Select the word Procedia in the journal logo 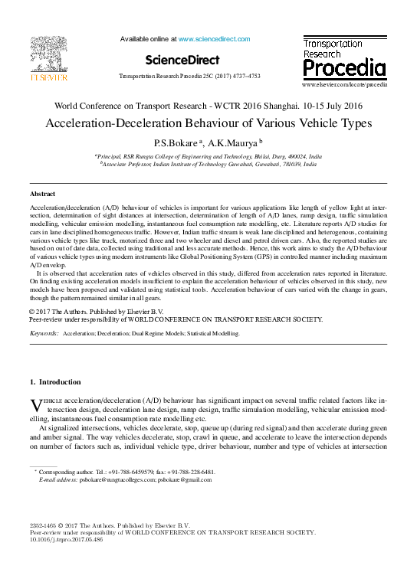click(343, 69)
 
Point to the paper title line click(208, 123)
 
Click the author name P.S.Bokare click(176, 142)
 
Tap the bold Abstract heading click(42, 195)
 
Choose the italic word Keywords click(44, 335)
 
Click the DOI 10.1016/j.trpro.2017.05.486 click(66, 539)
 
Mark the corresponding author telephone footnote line click(126, 473)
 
